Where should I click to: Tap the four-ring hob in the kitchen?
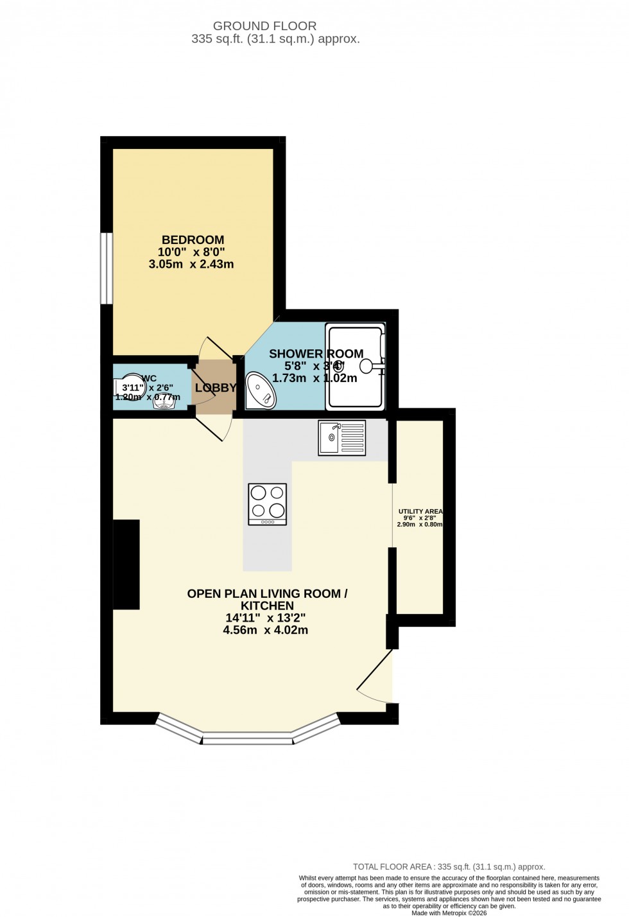pos(268,503)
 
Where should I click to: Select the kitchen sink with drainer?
pos(342,438)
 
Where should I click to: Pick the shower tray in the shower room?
pos(356,367)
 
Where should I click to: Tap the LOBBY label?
pos(216,388)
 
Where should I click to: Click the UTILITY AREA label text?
pos(420,511)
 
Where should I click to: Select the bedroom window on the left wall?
pos(107,268)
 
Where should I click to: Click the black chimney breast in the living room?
pos(126,564)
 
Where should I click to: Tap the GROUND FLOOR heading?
pos(264,26)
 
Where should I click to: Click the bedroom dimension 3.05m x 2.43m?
pos(191,264)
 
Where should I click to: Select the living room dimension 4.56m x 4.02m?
pos(265,630)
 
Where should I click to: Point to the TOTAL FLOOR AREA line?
pos(449,867)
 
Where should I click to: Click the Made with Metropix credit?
pos(449,913)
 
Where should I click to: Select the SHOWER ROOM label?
pos(316,354)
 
